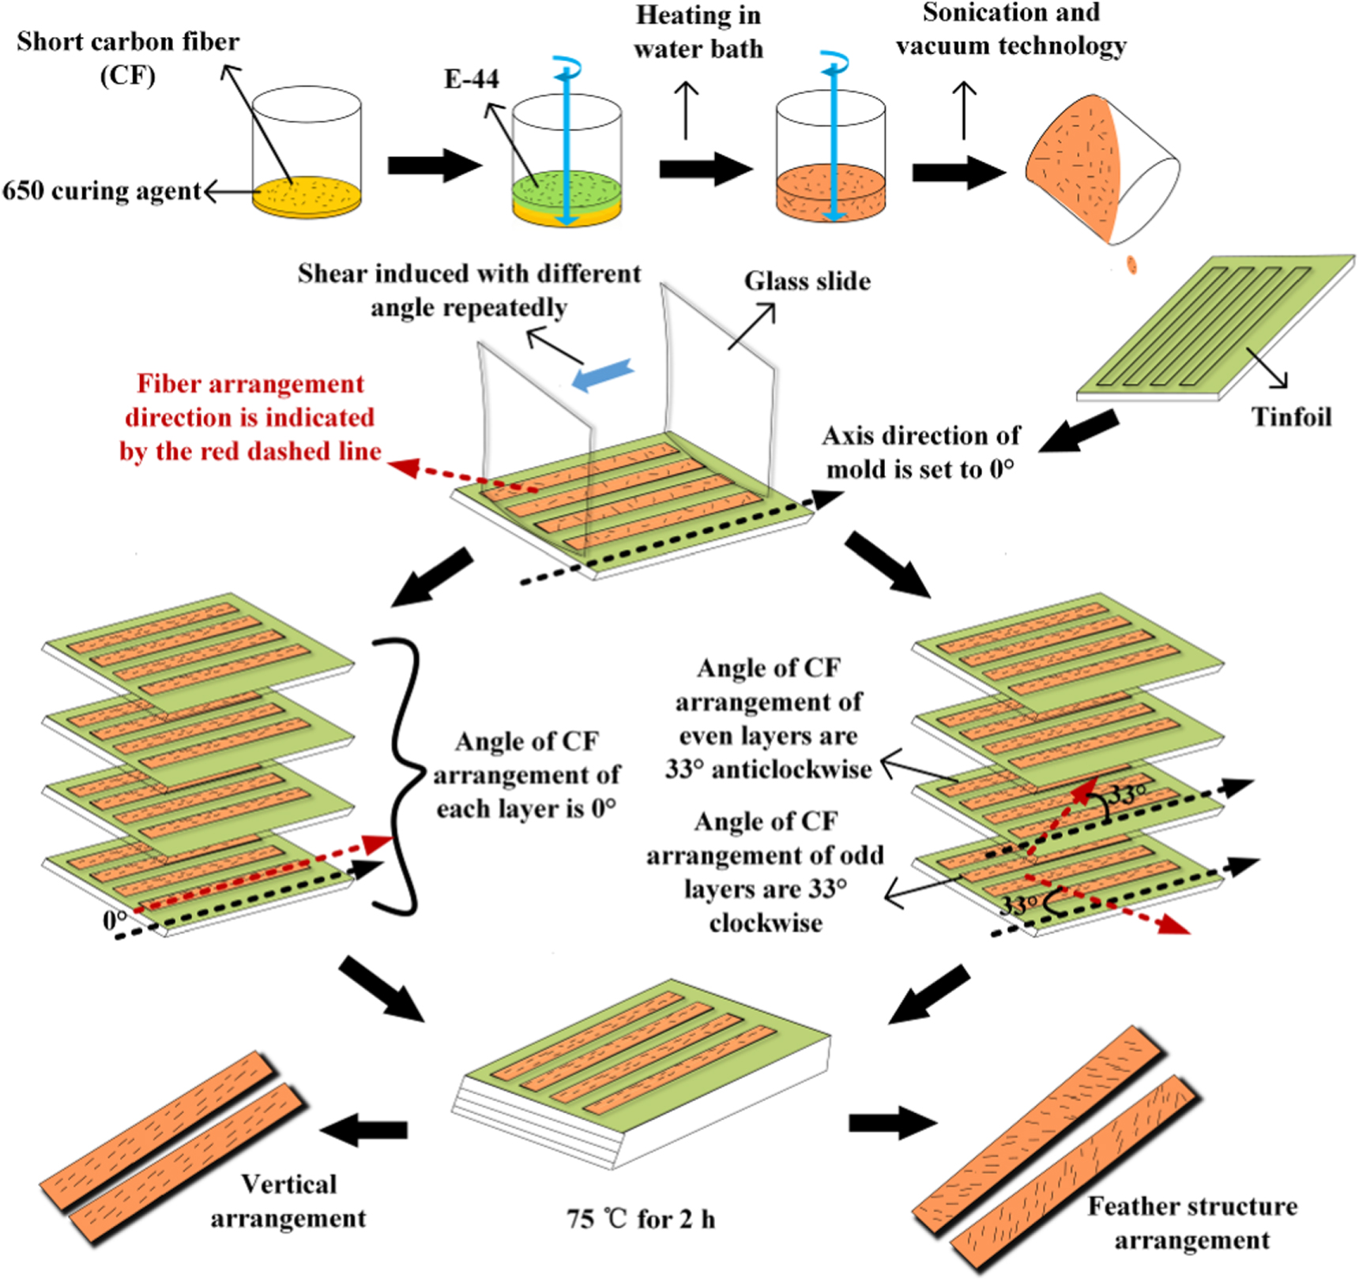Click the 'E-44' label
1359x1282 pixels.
tap(472, 79)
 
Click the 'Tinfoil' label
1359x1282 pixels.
tap(1291, 416)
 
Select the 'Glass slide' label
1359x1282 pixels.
tap(807, 281)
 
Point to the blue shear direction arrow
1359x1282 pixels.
tap(602, 374)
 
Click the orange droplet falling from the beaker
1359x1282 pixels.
tap(1131, 264)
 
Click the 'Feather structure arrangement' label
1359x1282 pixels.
tap(1191, 1223)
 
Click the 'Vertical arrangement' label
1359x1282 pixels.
tap(288, 1201)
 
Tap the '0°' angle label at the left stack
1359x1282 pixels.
tap(114, 920)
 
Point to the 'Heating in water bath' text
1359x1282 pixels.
tap(698, 32)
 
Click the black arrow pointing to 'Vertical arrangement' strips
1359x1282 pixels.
tap(364, 1130)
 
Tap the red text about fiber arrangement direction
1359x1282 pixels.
tap(250, 417)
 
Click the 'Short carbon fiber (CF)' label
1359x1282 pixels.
tap(127, 58)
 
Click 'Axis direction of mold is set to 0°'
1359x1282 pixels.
tap(920, 452)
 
